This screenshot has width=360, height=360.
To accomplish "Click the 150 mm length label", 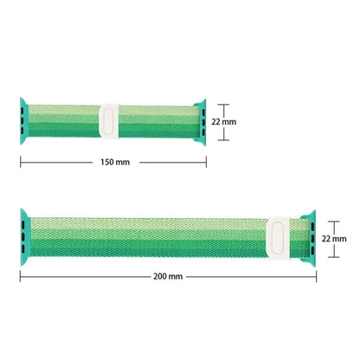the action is tap(115, 162).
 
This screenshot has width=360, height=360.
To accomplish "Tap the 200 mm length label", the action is tap(168, 276).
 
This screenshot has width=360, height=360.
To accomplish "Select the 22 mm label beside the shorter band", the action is tap(224, 122).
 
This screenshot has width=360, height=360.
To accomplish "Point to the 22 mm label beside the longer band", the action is tap(334, 239).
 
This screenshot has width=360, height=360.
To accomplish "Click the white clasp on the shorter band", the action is tap(109, 121).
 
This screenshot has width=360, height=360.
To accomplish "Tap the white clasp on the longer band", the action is tap(278, 238).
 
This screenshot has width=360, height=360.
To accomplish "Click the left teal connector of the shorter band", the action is tap(24, 121).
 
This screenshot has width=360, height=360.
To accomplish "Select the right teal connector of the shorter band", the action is tap(201, 122).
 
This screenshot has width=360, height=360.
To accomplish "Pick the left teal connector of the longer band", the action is tap(25, 237).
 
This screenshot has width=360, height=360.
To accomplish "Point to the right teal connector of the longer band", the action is tap(309, 239).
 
